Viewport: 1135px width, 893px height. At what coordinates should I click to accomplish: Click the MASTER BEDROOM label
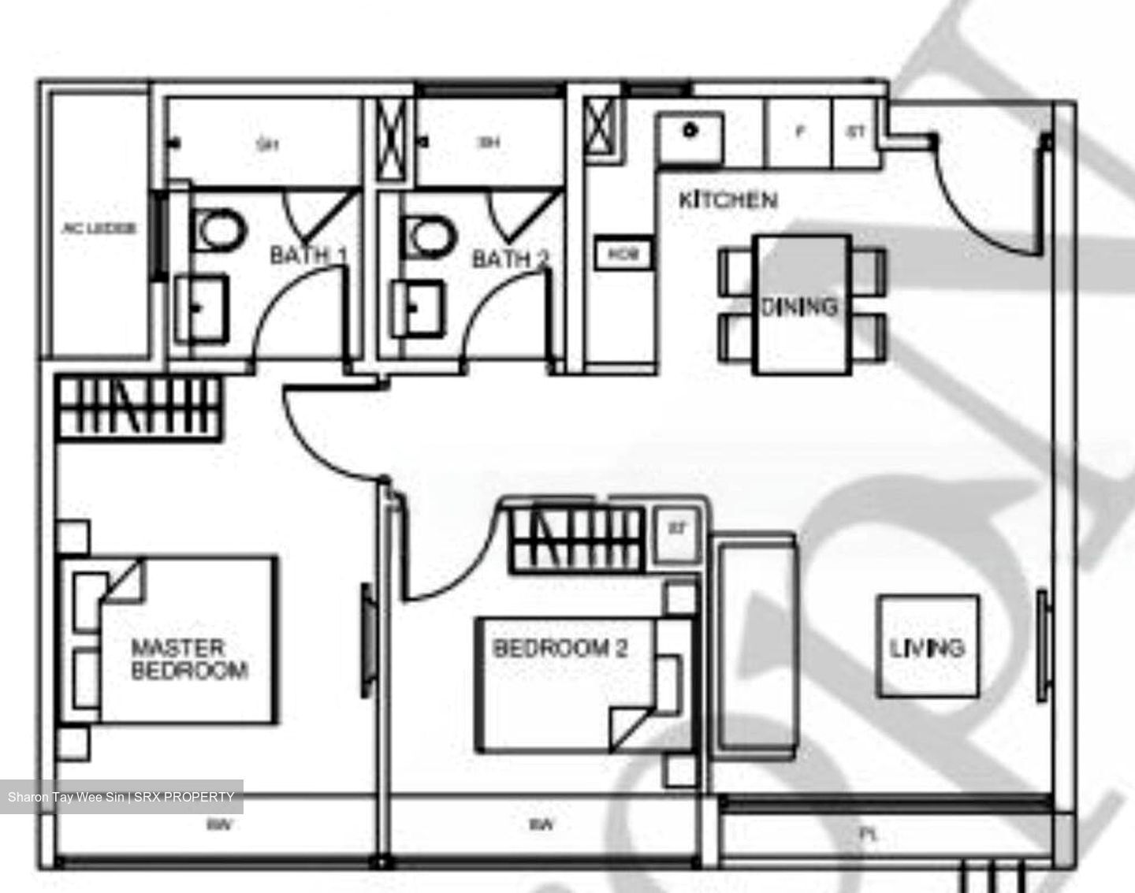[189, 660]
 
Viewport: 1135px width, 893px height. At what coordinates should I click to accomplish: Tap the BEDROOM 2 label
[560, 649]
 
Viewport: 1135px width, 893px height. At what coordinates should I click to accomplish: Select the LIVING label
[927, 648]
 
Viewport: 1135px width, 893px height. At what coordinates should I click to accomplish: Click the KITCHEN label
[728, 200]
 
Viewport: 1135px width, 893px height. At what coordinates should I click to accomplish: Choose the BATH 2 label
[510, 259]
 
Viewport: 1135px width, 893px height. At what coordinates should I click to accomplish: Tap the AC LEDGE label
[99, 229]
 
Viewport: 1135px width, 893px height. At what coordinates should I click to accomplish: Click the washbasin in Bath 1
[202, 307]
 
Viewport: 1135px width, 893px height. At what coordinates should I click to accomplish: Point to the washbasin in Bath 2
[419, 307]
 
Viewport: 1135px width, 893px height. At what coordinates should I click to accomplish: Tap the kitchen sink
[691, 137]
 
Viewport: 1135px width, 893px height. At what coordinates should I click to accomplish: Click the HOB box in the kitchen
[623, 255]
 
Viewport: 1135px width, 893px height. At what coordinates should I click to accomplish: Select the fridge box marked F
[800, 133]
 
